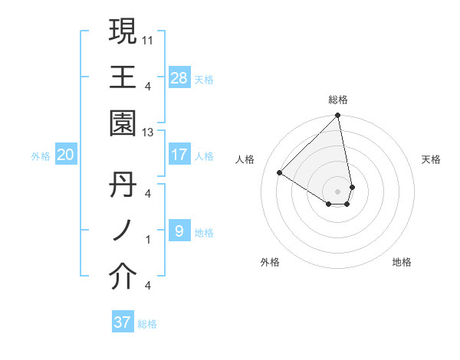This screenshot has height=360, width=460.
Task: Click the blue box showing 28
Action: [179, 77]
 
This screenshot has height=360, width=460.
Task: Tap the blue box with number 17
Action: [179, 155]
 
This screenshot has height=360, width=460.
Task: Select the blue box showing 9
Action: [179, 231]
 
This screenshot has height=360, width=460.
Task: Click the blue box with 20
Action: [65, 155]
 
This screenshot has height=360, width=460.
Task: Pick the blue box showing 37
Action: [123, 322]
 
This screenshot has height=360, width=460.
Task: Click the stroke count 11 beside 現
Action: [148, 39]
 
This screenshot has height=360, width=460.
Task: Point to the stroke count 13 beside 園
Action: [148, 133]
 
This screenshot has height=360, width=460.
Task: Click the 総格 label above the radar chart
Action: [338, 100]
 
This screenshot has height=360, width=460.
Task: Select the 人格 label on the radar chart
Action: [245, 159]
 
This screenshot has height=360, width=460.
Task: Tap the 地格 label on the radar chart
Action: [402, 263]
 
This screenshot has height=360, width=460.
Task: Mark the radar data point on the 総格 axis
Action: [338, 116]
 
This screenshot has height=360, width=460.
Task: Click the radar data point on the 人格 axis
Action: [280, 172]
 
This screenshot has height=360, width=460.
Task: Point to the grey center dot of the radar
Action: [338, 191]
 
